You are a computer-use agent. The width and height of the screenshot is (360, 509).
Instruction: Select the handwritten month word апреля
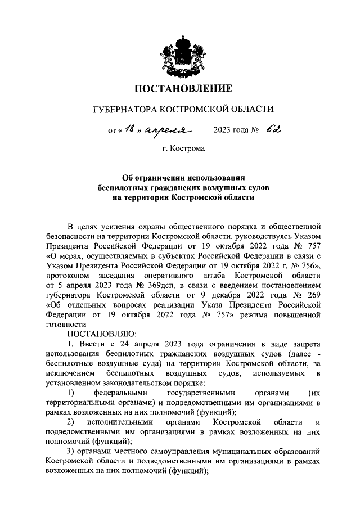click(163, 131)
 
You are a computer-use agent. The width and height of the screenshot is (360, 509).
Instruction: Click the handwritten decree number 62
click(273, 130)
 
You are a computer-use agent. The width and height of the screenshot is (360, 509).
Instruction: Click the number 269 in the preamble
click(312, 295)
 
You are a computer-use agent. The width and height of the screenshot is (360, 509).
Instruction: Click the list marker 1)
click(71, 391)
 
